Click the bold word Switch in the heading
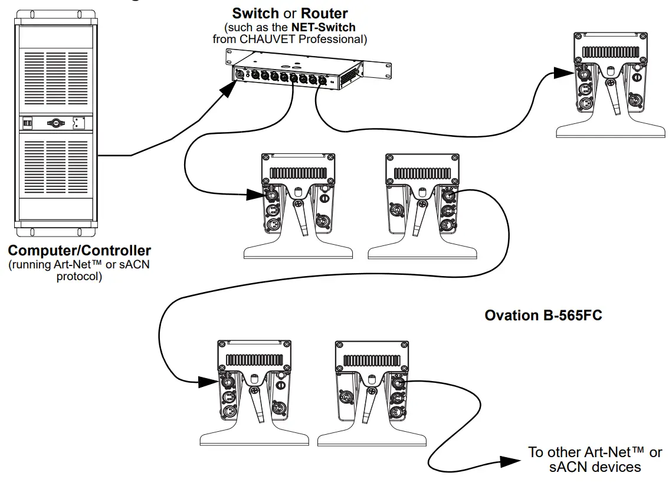pyautogui.click(x=255, y=13)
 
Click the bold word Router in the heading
pyautogui.click(x=324, y=13)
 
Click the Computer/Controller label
pyautogui.click(x=79, y=251)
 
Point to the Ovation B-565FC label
pyautogui.click(x=543, y=316)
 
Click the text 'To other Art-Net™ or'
pyautogui.click(x=595, y=453)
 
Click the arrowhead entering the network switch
pyautogui.click(x=228, y=88)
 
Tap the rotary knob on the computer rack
pyautogui.click(x=54, y=123)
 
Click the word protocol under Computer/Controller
pyautogui.click(x=79, y=276)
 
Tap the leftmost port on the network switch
pyautogui.click(x=240, y=75)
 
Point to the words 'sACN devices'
pyautogui.click(x=595, y=467)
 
